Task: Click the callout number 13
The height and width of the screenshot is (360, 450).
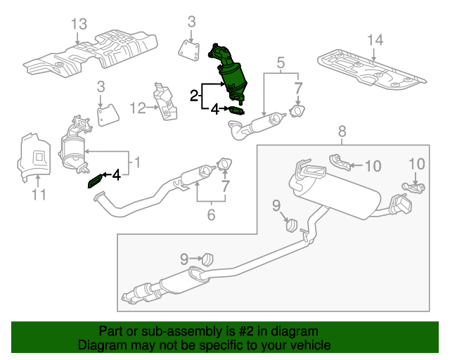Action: (x=79, y=25)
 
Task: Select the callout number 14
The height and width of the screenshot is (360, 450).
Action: (x=374, y=39)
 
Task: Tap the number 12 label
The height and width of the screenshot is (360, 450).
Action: (x=138, y=108)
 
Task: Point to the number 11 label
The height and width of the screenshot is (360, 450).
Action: (x=39, y=194)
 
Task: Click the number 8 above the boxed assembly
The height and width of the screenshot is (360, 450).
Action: (x=342, y=131)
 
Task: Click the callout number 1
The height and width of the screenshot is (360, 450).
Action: (x=137, y=163)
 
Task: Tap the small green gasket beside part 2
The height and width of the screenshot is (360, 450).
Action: (x=238, y=110)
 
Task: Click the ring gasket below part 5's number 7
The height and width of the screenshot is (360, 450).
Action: (x=299, y=111)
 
